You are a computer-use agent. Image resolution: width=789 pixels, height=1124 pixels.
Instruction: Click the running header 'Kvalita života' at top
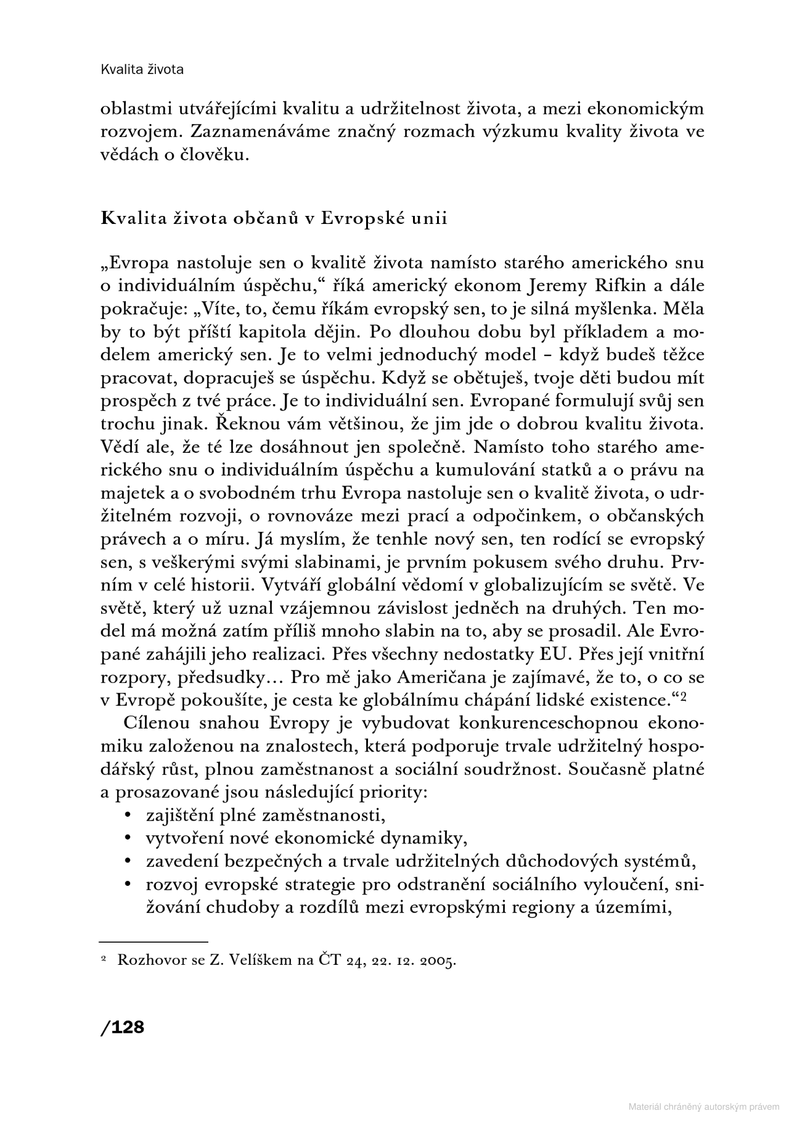142,69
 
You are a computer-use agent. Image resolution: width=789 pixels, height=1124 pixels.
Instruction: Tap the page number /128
122,1027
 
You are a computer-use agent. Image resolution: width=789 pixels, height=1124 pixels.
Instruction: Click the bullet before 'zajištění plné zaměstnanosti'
128,816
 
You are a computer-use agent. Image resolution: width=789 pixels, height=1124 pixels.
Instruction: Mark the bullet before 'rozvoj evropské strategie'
128,885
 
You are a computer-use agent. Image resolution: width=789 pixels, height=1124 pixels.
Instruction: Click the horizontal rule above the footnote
153,943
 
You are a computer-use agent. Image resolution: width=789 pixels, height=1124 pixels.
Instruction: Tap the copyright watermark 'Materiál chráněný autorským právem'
703,1107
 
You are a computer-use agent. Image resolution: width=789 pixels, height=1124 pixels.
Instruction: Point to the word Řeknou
132,424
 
